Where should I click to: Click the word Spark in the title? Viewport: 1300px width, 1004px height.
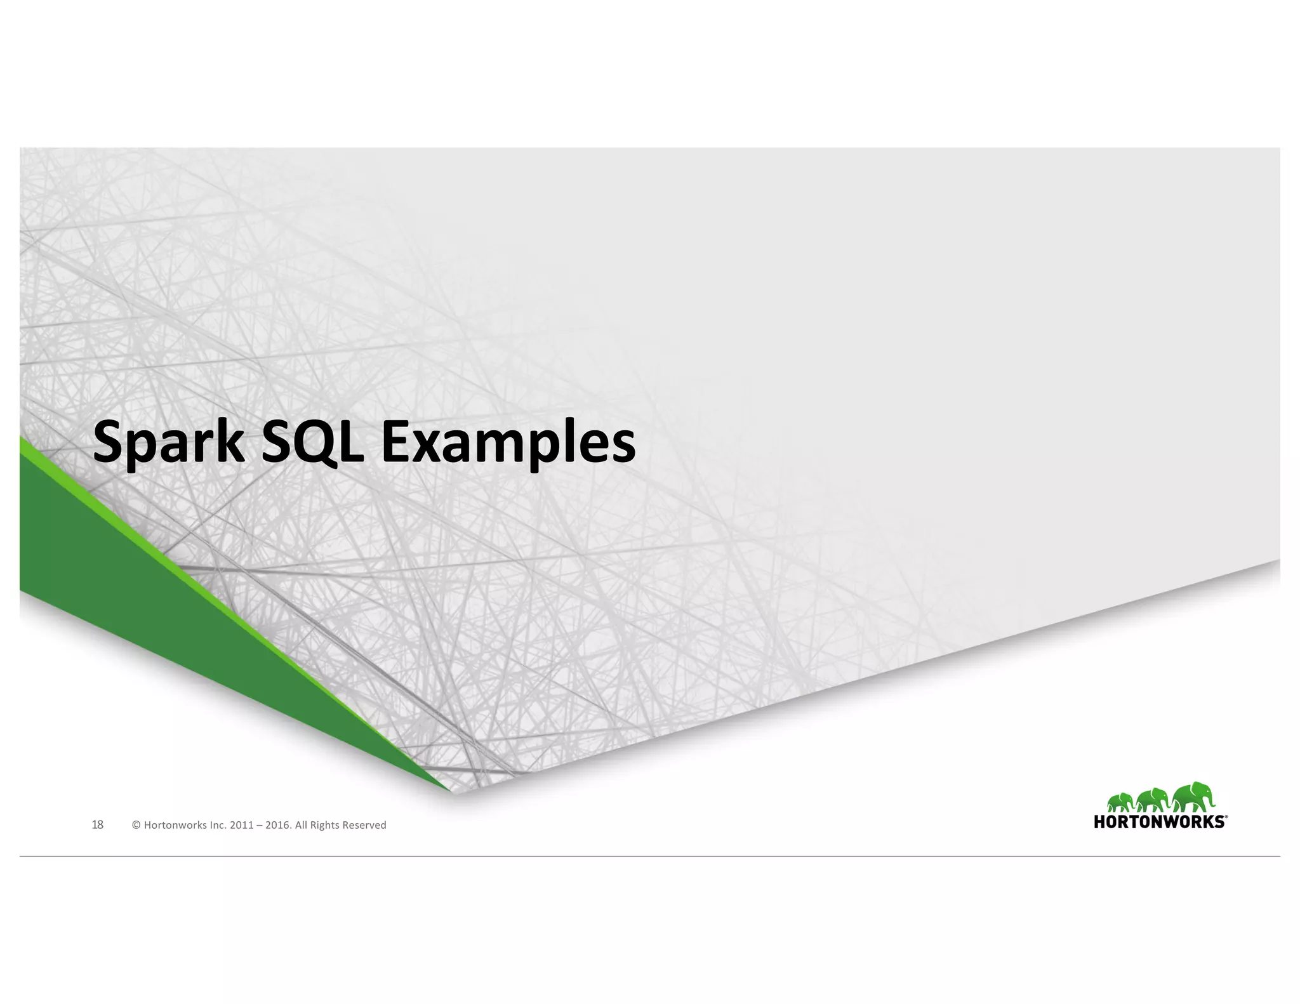pyautogui.click(x=168, y=443)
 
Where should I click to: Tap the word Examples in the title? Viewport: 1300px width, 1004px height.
pyautogui.click(x=508, y=443)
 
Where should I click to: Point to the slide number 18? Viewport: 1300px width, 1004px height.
pyautogui.click(x=97, y=824)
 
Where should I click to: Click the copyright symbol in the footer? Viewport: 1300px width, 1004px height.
pyautogui.click(x=136, y=825)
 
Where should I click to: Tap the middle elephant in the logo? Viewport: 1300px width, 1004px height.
pyautogui.click(x=1152, y=800)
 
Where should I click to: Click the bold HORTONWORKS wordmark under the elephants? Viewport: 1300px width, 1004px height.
pyautogui.click(x=1159, y=822)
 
